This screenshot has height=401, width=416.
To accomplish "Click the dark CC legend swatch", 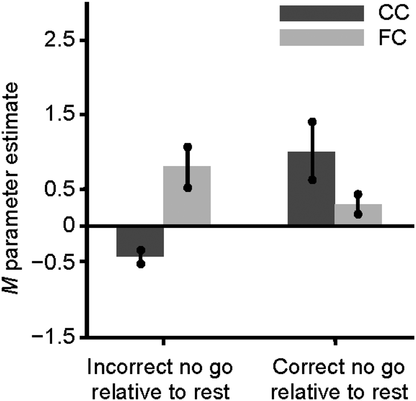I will [x=322, y=13].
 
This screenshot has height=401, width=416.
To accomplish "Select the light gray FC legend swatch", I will [x=322, y=37].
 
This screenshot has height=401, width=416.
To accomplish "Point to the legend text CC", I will [x=393, y=13].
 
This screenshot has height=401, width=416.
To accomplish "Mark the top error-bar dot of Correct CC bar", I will [x=312, y=122].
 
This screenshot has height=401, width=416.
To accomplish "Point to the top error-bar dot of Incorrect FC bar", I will [x=187, y=147].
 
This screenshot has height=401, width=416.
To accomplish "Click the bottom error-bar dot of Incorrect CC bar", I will [x=141, y=264].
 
